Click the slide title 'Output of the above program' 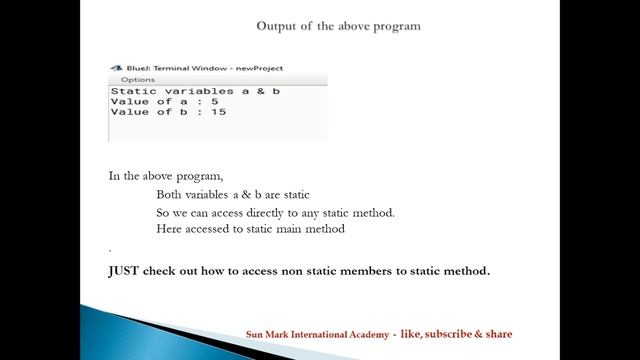click(338, 25)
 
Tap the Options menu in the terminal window click(137, 79)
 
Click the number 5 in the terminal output click(214, 102)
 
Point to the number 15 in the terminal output click(218, 112)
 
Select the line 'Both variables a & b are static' click(240, 195)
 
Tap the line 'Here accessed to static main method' click(250, 229)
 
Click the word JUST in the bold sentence click(125, 270)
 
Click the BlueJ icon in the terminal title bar click(113, 68)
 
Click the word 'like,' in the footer click(410, 334)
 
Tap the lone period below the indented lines click(110, 247)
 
